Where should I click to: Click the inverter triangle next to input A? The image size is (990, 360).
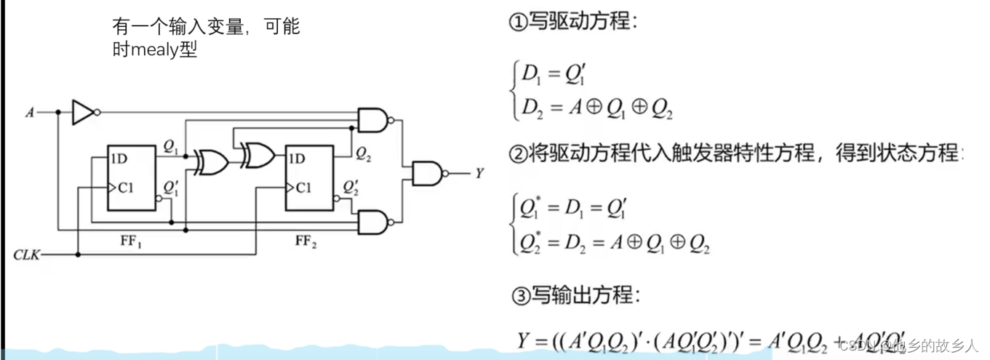82,113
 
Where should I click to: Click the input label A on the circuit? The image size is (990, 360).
30,113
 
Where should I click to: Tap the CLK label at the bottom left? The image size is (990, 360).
28,255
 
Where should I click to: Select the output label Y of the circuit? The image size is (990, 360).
479,173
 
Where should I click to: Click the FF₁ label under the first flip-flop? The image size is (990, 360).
131,239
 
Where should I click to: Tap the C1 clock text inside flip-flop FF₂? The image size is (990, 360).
303,188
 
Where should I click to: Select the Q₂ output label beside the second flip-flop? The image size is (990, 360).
364,152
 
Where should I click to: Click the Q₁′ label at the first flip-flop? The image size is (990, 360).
170,188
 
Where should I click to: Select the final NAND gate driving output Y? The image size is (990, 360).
427,173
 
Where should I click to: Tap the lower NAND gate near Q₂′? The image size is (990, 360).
372,222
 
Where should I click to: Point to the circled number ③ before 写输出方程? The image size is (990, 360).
519,295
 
